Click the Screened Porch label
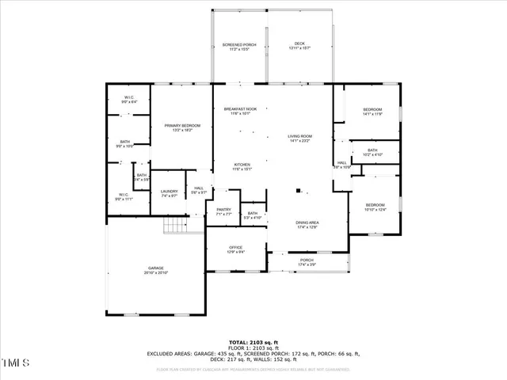coord(239,46)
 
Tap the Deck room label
coord(299,46)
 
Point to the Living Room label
coord(299,138)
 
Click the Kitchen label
coord(242,166)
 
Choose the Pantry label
coord(223,211)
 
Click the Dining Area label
coord(307,225)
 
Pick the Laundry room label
coord(169,192)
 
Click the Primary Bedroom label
coord(182,127)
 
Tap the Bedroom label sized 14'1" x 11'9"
coord(372,111)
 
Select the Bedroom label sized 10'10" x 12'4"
coord(375,207)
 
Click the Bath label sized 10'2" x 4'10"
coord(372,152)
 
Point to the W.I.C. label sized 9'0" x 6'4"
coord(129,100)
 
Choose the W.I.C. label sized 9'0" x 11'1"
coord(124,196)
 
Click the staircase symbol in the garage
coord(175,226)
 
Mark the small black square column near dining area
coord(298,191)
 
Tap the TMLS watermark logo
coord(16,363)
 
